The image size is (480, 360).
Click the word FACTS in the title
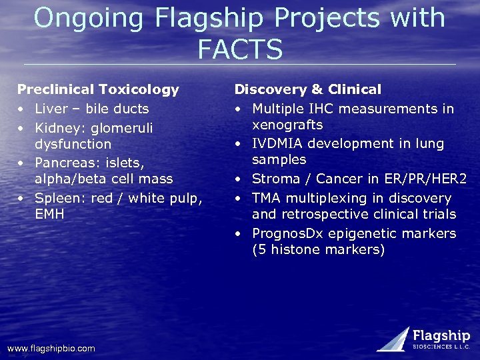[x=240, y=49]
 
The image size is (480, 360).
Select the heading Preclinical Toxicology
[x=98, y=89]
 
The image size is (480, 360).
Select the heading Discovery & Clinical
[x=308, y=89]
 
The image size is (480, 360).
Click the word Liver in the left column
[x=51, y=109]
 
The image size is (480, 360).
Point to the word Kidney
[x=56, y=127]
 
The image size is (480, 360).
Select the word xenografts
[x=287, y=125]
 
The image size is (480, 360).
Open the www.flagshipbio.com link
[x=51, y=349]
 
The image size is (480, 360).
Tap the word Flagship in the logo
[x=441, y=335]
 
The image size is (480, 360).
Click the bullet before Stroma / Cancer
[x=238, y=179]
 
